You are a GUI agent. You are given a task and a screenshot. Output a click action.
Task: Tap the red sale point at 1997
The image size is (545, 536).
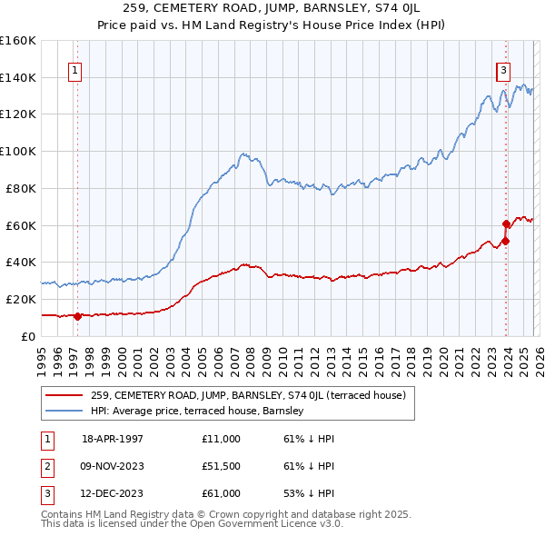(x=78, y=316)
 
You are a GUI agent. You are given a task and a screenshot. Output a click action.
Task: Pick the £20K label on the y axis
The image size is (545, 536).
(x=21, y=299)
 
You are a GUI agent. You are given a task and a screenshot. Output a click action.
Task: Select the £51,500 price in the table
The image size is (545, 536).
(x=221, y=466)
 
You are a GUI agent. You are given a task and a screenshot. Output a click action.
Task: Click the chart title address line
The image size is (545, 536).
(x=272, y=9)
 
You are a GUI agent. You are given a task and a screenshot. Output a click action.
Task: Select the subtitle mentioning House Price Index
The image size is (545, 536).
(x=272, y=25)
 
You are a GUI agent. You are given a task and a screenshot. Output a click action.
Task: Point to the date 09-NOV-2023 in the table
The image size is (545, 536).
(x=112, y=466)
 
